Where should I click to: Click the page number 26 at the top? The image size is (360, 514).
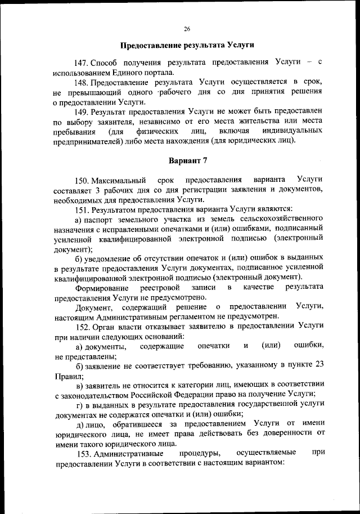pos(187,29)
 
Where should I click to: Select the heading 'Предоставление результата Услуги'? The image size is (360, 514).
pos(188,44)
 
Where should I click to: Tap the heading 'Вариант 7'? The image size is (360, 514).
pos(188,160)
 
